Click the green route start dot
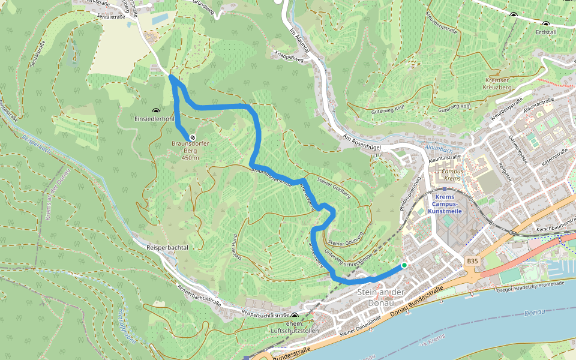[x=404, y=265]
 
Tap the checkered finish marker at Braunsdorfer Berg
[x=193, y=137]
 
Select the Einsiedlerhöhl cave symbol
[x=157, y=111]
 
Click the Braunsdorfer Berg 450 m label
[x=190, y=151]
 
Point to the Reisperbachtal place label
[x=167, y=247]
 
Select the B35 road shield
[x=473, y=261]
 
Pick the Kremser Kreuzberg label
[x=497, y=83]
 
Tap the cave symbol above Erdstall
[x=513, y=15]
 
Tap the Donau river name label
[x=534, y=313]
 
